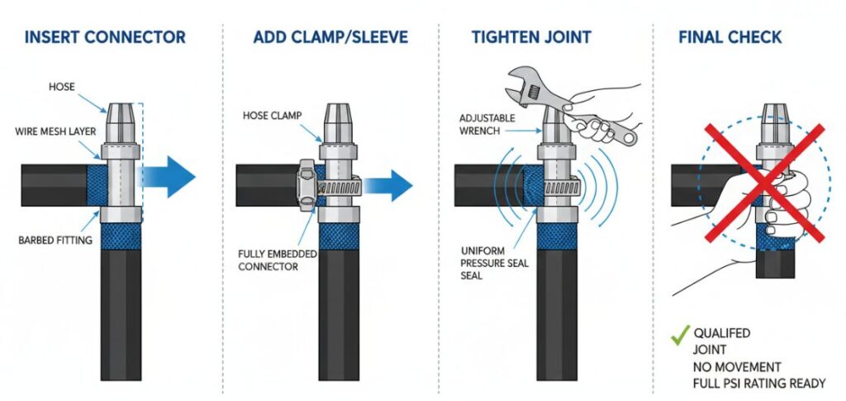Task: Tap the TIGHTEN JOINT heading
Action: click(530, 37)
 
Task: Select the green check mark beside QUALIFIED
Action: click(679, 336)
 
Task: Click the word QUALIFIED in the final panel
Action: click(722, 333)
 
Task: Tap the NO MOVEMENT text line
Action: click(738, 366)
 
